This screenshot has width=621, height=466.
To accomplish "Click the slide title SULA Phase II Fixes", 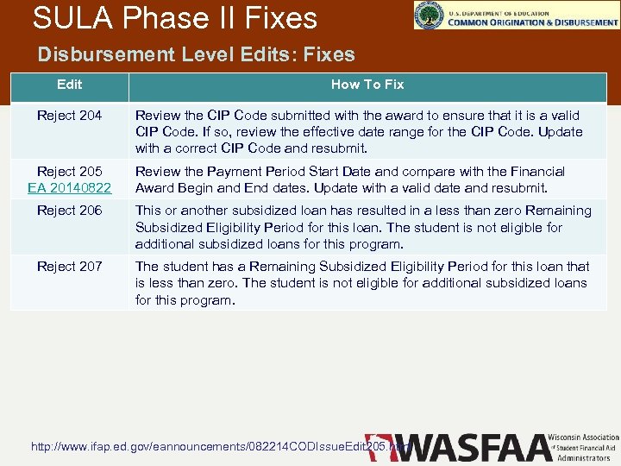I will [174, 17].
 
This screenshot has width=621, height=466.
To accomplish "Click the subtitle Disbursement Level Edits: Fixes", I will [196, 54].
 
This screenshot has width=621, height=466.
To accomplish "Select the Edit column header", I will [69, 85].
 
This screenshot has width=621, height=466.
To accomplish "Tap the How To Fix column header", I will [367, 85].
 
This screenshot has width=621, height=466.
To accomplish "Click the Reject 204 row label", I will [69, 116].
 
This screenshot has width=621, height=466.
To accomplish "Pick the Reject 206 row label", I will [69, 211].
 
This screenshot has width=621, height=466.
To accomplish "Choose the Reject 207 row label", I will [69, 267].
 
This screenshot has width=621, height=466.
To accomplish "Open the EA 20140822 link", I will [69, 187].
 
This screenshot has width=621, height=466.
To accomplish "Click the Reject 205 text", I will [69, 172].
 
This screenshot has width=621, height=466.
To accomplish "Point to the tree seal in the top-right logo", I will [429, 15].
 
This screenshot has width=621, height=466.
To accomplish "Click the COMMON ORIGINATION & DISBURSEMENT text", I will [532, 22].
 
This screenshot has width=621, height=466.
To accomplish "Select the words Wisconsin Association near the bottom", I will [588, 438].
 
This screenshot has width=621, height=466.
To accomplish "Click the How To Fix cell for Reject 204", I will [359, 131].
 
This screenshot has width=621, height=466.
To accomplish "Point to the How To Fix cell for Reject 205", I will [350, 179].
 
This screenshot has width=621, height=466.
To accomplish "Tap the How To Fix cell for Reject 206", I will [363, 227].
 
